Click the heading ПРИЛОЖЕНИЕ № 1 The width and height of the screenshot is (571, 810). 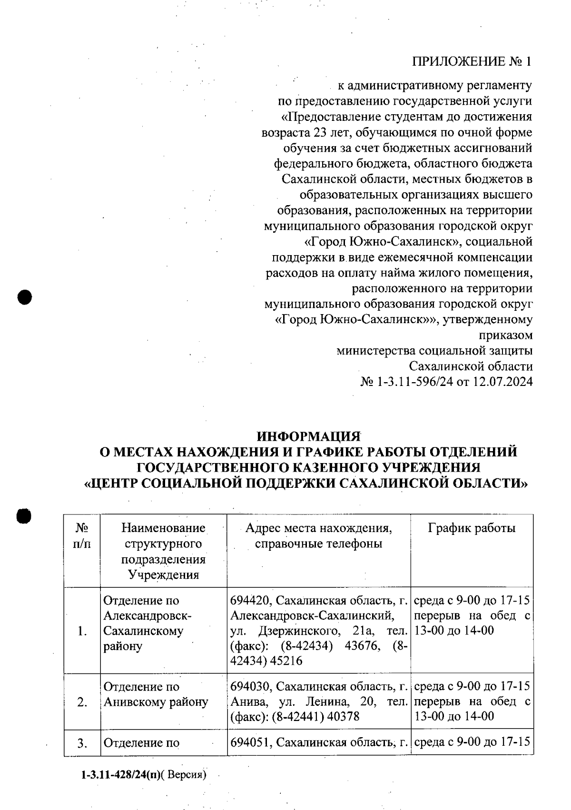pos(471,62)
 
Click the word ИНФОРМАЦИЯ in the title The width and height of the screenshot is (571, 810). pos(309,437)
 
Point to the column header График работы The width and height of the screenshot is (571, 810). pos(472,528)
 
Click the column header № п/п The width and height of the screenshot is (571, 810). pos(82,535)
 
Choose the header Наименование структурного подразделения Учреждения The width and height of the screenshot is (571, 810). pos(163,551)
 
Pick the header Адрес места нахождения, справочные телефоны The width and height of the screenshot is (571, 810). pos(318,535)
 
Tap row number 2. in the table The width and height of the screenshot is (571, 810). pos(82,702)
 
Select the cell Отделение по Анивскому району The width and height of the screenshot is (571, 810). pos(156,694)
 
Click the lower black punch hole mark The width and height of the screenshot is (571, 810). pos(23,516)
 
